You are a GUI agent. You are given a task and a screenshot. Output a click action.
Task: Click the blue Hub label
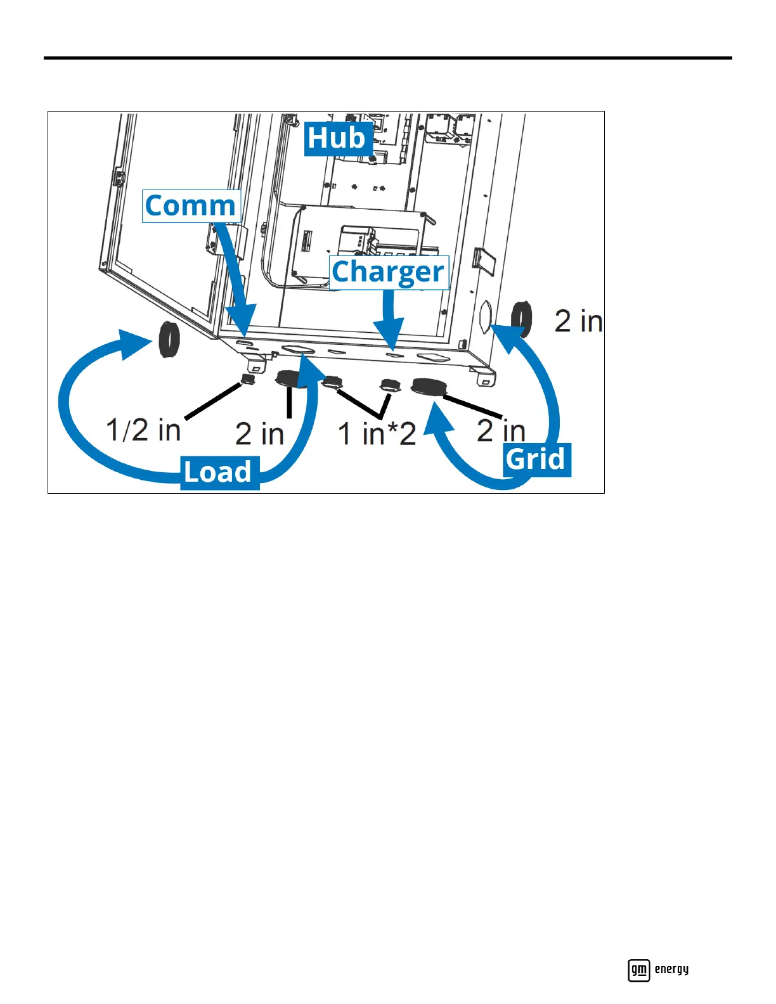pos(337,138)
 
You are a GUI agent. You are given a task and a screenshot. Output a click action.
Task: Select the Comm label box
pos(191,206)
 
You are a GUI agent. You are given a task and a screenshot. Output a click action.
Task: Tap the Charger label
pos(388,272)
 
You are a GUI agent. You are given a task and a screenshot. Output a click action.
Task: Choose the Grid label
pos(536,460)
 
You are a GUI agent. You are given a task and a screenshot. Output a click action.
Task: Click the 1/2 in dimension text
pos(143,430)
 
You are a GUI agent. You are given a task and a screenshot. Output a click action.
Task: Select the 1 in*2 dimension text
pos(377,434)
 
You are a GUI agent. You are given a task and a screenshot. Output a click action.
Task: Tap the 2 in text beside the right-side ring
pos(578,321)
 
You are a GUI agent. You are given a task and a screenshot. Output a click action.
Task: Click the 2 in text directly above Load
pos(259,434)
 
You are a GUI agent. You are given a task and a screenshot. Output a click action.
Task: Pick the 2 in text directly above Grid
pos(501,431)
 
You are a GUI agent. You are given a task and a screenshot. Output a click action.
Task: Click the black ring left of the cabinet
pos(169,340)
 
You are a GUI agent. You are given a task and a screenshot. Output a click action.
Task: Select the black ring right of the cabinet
pos(522,319)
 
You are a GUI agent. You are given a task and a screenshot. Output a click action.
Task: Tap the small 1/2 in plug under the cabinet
pos(247,380)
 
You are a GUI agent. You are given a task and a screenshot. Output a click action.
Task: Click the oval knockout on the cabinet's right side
pos(486,318)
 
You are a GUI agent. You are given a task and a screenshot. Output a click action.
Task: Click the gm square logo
pos(638,970)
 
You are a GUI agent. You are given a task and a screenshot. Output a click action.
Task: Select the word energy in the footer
pos(671,969)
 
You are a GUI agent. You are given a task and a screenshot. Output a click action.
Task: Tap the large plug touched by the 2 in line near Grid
pos(428,387)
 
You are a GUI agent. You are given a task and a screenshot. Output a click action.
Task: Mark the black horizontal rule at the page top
pos(387,58)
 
